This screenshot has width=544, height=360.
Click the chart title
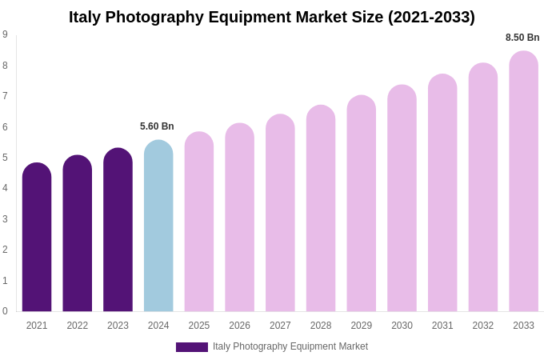[x=271, y=17]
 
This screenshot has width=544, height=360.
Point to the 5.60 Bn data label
[x=157, y=126]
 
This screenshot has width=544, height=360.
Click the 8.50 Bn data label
[x=522, y=38]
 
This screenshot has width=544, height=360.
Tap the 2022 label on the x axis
[x=78, y=326]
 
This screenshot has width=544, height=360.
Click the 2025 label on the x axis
[x=199, y=326]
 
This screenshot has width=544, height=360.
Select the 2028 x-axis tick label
[x=321, y=326]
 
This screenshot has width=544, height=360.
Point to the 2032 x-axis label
[x=483, y=326]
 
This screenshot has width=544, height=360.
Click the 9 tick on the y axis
[x=5, y=34]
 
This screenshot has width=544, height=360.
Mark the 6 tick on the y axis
[x=5, y=126]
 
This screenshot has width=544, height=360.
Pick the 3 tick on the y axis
[x=5, y=219]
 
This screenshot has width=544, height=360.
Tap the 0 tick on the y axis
[x=5, y=311]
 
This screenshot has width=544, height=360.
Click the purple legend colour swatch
[x=192, y=347]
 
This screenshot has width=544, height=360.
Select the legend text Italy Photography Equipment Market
[x=290, y=346]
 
